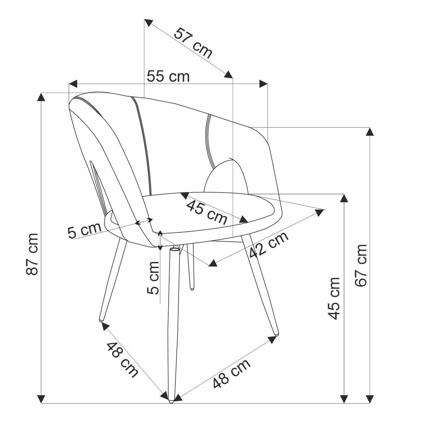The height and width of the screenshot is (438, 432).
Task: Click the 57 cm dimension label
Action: pyautogui.click(x=193, y=43)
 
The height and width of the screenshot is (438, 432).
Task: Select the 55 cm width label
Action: pyautogui.click(x=168, y=76)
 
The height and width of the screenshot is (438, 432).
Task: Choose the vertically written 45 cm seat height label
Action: pyautogui.click(x=334, y=298)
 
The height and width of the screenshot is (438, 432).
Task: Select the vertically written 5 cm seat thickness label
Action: pyautogui.click(x=153, y=278)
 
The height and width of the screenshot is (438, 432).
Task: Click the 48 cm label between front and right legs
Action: pyautogui.click(x=232, y=373)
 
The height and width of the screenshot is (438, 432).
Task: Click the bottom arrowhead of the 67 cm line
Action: pyautogui.click(x=370, y=399)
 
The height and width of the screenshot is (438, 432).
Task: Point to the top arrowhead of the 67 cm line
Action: pyautogui.click(x=370, y=131)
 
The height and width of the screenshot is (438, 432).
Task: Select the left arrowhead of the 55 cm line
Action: pyautogui.click(x=73, y=84)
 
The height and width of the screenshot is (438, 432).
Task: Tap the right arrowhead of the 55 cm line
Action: pyautogui.click(x=263, y=84)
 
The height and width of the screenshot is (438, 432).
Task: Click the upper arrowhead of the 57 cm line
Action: pyautogui.click(x=148, y=23)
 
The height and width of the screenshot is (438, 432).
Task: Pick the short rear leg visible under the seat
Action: pyautogui.click(x=191, y=268)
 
